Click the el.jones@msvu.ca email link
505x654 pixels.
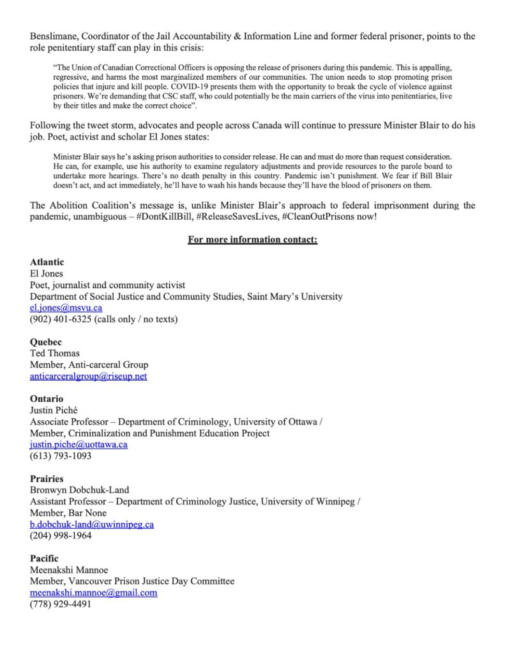point(66,308)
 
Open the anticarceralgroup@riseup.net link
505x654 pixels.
point(88,376)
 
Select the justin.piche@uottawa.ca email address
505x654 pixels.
point(79,445)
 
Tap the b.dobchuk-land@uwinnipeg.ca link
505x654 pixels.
point(92,524)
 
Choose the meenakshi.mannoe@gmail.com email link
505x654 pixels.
point(93,593)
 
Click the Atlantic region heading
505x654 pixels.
point(47,262)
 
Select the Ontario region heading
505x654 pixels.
point(47,399)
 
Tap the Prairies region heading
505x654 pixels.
point(47,478)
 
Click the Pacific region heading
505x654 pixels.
point(44,558)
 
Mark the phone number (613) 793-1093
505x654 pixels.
point(61,456)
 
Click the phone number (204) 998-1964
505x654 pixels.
point(61,536)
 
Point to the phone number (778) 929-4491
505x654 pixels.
point(61,604)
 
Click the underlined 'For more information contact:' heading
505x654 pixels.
point(252,240)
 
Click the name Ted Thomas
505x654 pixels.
point(55,353)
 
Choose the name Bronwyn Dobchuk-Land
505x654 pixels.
point(79,490)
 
